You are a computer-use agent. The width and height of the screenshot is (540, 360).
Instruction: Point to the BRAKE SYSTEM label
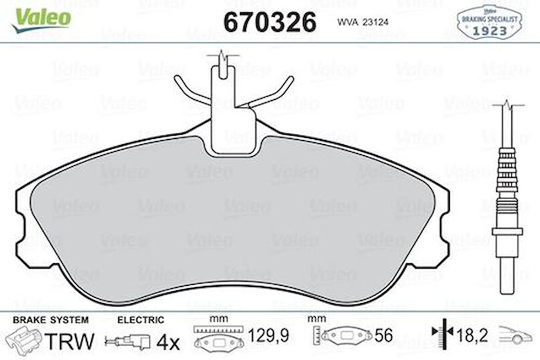50,320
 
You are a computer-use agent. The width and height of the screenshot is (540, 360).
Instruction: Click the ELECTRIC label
140,320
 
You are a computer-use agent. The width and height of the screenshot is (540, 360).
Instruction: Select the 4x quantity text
168,342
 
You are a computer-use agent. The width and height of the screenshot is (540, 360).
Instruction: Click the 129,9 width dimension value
268,337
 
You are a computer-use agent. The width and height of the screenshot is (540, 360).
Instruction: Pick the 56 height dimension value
383,336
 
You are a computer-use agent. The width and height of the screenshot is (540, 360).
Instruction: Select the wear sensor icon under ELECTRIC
128,340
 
